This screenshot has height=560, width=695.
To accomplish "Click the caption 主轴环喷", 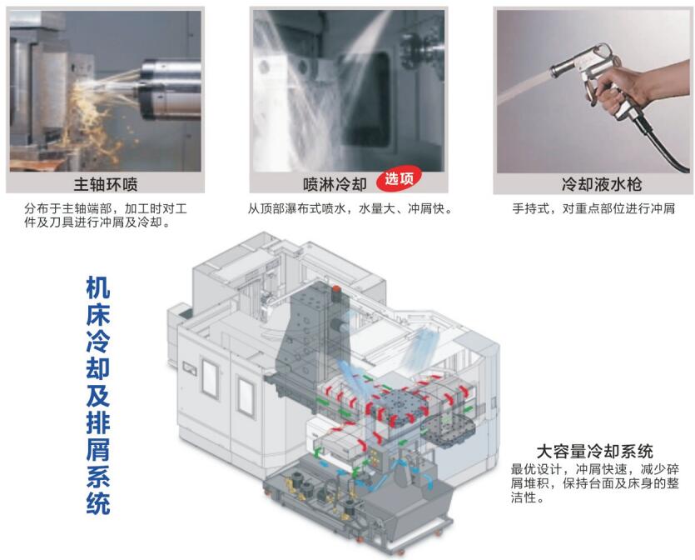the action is pos(106,184).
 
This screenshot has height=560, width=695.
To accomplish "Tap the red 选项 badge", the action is pos(399,179).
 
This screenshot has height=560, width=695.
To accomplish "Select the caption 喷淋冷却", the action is pos(335,184).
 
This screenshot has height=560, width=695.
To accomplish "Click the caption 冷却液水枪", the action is pos(602,184).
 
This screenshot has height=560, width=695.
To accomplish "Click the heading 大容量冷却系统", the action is pos(594,452).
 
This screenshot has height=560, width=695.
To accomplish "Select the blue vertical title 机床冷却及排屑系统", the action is pos(98,395).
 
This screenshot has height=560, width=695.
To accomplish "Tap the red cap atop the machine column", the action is pos(336,289).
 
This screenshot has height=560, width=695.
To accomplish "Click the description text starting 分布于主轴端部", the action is pos(106,215).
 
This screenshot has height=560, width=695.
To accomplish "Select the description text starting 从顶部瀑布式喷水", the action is pos(350,208).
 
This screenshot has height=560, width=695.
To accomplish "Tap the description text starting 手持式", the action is pos(593,208).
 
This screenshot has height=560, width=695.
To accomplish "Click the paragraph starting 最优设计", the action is pos(594,483).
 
